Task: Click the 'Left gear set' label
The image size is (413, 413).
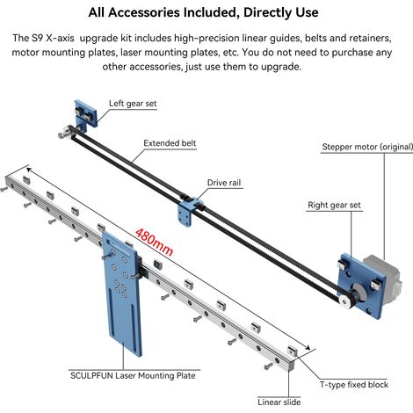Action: tap(133, 104)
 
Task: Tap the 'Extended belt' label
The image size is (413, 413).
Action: tap(170, 143)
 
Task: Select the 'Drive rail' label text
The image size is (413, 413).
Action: tap(224, 183)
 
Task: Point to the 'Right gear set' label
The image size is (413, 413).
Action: tap(334, 205)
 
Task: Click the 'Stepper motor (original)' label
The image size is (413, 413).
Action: tap(367, 147)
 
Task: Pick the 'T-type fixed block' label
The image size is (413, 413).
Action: tap(354, 385)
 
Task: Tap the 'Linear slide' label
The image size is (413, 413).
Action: tap(279, 402)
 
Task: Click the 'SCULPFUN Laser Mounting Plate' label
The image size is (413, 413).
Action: tap(133, 376)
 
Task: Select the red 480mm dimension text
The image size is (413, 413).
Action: tap(155, 242)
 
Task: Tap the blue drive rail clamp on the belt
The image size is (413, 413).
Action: tap(188, 210)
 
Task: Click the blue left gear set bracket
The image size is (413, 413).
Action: tap(85, 115)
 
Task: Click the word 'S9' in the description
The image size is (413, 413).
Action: tap(37, 39)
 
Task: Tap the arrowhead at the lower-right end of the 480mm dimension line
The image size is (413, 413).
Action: tap(308, 347)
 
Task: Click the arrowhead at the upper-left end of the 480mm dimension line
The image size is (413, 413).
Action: tap(30, 170)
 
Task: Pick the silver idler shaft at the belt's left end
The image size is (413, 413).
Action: tap(63, 134)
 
